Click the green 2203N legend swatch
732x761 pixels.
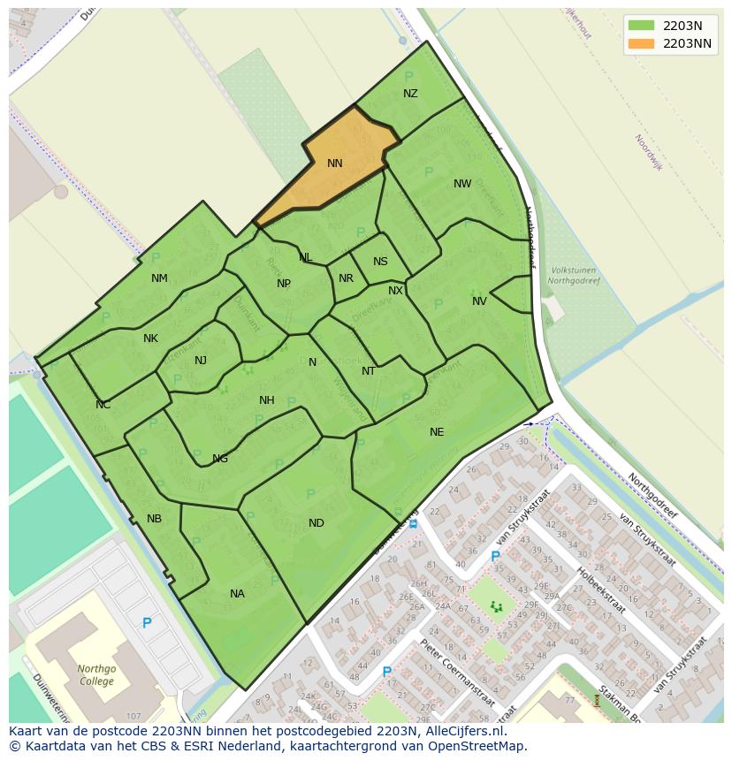[x=641, y=25]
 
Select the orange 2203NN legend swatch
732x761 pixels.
[x=641, y=43]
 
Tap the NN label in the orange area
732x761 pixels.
[x=334, y=164]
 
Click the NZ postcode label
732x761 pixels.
[x=410, y=94]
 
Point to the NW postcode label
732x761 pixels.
[x=462, y=184]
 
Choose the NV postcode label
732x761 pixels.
[x=479, y=301]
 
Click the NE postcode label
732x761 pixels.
[x=437, y=432]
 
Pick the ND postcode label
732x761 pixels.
[x=316, y=523]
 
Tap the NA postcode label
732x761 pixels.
[x=237, y=594]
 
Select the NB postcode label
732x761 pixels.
[x=155, y=519]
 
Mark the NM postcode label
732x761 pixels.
[x=159, y=278]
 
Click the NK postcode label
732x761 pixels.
[x=150, y=339]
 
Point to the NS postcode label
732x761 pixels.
[x=380, y=262]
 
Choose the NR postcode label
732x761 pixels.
[x=346, y=278]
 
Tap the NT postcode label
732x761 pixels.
[x=369, y=371]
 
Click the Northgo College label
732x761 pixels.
[x=95, y=675]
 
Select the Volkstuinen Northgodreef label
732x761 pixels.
[x=572, y=276]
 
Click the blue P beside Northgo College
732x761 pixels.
[x=147, y=623]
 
